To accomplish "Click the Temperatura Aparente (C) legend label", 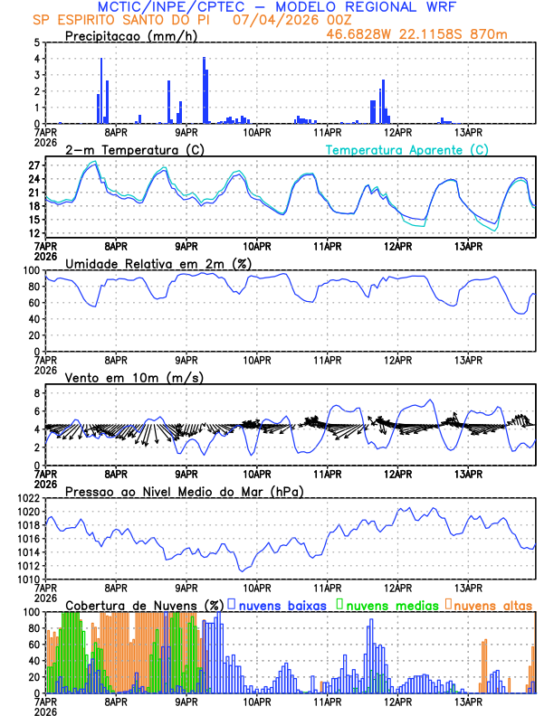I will click(x=407, y=150).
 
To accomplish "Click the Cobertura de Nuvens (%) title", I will click(x=141, y=605).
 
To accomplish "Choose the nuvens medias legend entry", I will click(x=389, y=605).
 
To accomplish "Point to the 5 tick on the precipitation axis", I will click(x=36, y=42).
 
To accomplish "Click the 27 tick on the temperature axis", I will click(x=33, y=165).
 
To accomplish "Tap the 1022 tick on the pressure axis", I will click(x=28, y=498).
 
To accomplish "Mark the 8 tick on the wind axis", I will click(x=36, y=393).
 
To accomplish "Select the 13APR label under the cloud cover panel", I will click(x=468, y=702).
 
